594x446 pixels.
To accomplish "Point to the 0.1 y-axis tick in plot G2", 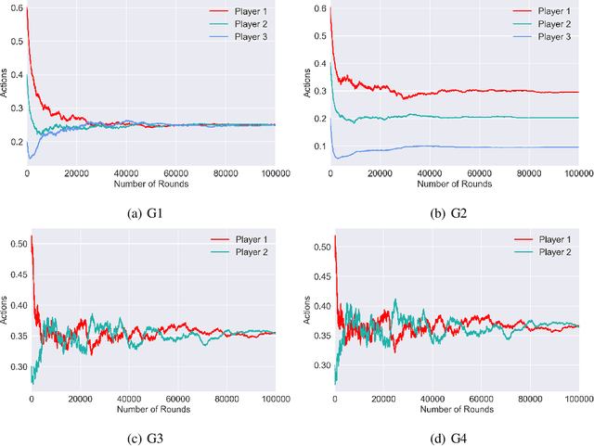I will click(316, 147).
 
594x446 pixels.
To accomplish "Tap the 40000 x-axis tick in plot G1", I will click(125, 174).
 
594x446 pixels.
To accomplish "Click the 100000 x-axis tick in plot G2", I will click(575, 174).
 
